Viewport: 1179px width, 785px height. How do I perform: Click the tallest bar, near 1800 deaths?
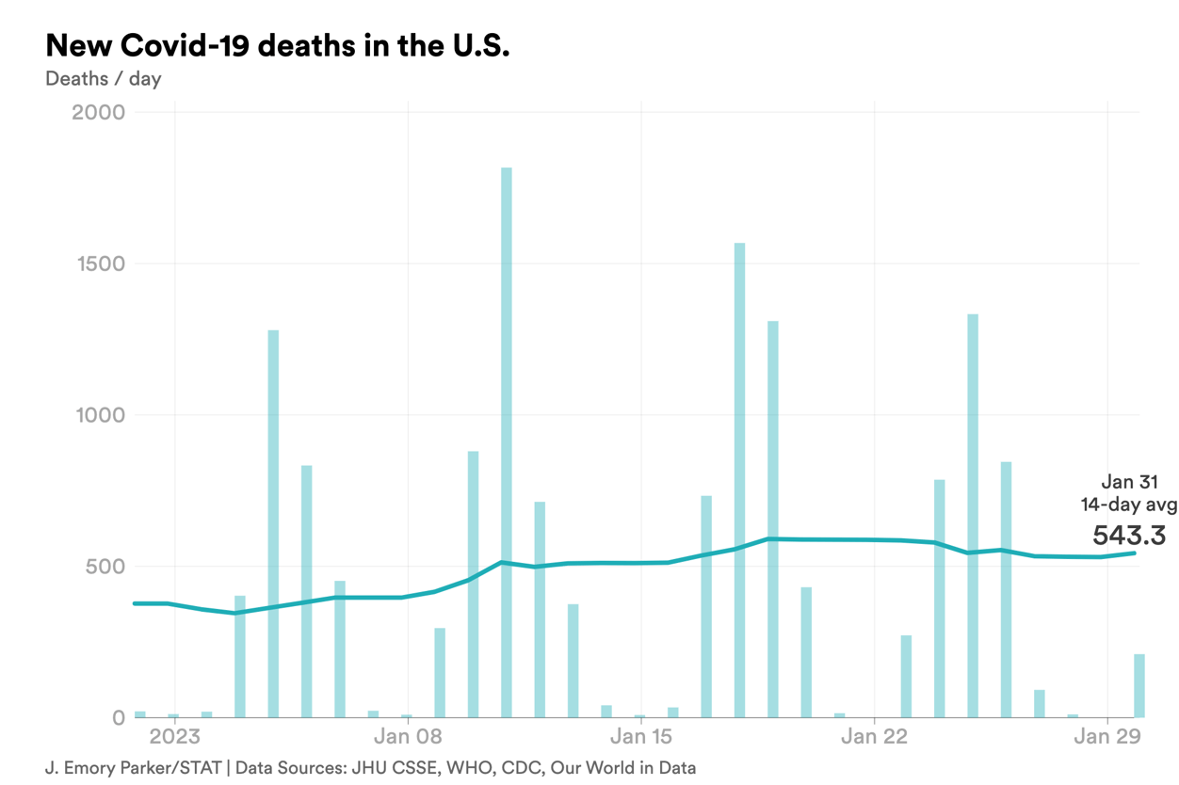pyautogui.click(x=507, y=442)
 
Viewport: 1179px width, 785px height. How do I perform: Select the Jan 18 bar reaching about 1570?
pyautogui.click(x=740, y=480)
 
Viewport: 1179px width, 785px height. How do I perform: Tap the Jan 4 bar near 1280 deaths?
pyautogui.click(x=273, y=523)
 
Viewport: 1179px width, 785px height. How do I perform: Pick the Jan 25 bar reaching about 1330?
pyautogui.click(x=973, y=516)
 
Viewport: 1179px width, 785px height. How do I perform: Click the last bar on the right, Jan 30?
pyautogui.click(x=1139, y=685)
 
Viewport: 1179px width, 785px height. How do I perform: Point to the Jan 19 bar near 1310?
pyautogui.click(x=773, y=519)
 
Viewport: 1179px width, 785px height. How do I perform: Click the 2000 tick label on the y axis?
pyautogui.click(x=98, y=112)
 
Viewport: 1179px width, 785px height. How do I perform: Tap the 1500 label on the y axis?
pyautogui.click(x=100, y=264)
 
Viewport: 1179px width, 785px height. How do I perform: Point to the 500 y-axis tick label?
pyautogui.click(x=105, y=567)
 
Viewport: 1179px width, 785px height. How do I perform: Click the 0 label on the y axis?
pyautogui.click(x=119, y=718)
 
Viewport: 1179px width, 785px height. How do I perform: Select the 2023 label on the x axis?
pyautogui.click(x=175, y=736)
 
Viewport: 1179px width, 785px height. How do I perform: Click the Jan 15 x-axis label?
pyautogui.click(x=641, y=736)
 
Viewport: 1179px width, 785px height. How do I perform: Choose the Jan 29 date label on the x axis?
pyautogui.click(x=1107, y=736)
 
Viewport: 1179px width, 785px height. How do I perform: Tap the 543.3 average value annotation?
pyautogui.click(x=1129, y=536)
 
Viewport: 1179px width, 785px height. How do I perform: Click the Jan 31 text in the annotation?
pyautogui.click(x=1129, y=482)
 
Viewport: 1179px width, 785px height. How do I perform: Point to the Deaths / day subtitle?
pyautogui.click(x=103, y=78)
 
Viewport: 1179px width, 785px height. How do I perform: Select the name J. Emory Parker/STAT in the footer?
pyautogui.click(x=133, y=768)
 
